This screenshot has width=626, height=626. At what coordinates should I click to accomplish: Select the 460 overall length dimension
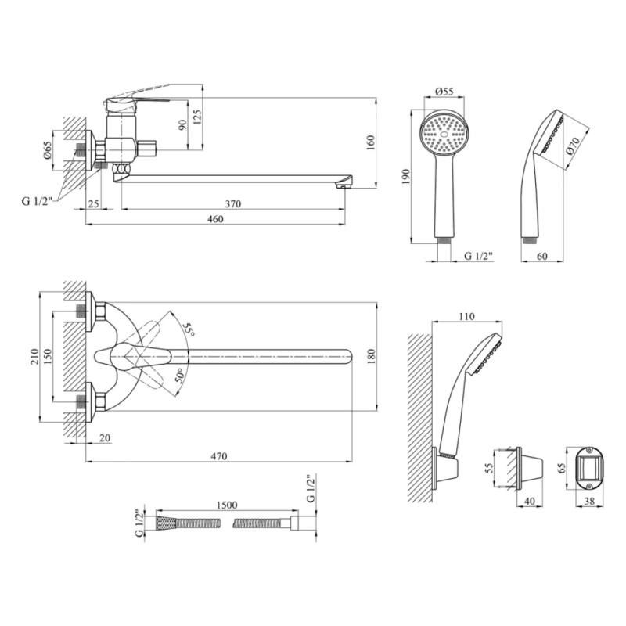click(x=216, y=219)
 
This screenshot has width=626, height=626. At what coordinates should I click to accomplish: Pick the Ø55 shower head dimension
click(x=444, y=92)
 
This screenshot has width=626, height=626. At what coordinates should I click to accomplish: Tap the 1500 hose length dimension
click(x=227, y=507)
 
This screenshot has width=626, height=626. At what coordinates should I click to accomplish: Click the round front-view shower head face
click(x=444, y=135)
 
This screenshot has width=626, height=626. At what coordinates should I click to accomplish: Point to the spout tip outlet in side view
click(x=342, y=184)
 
